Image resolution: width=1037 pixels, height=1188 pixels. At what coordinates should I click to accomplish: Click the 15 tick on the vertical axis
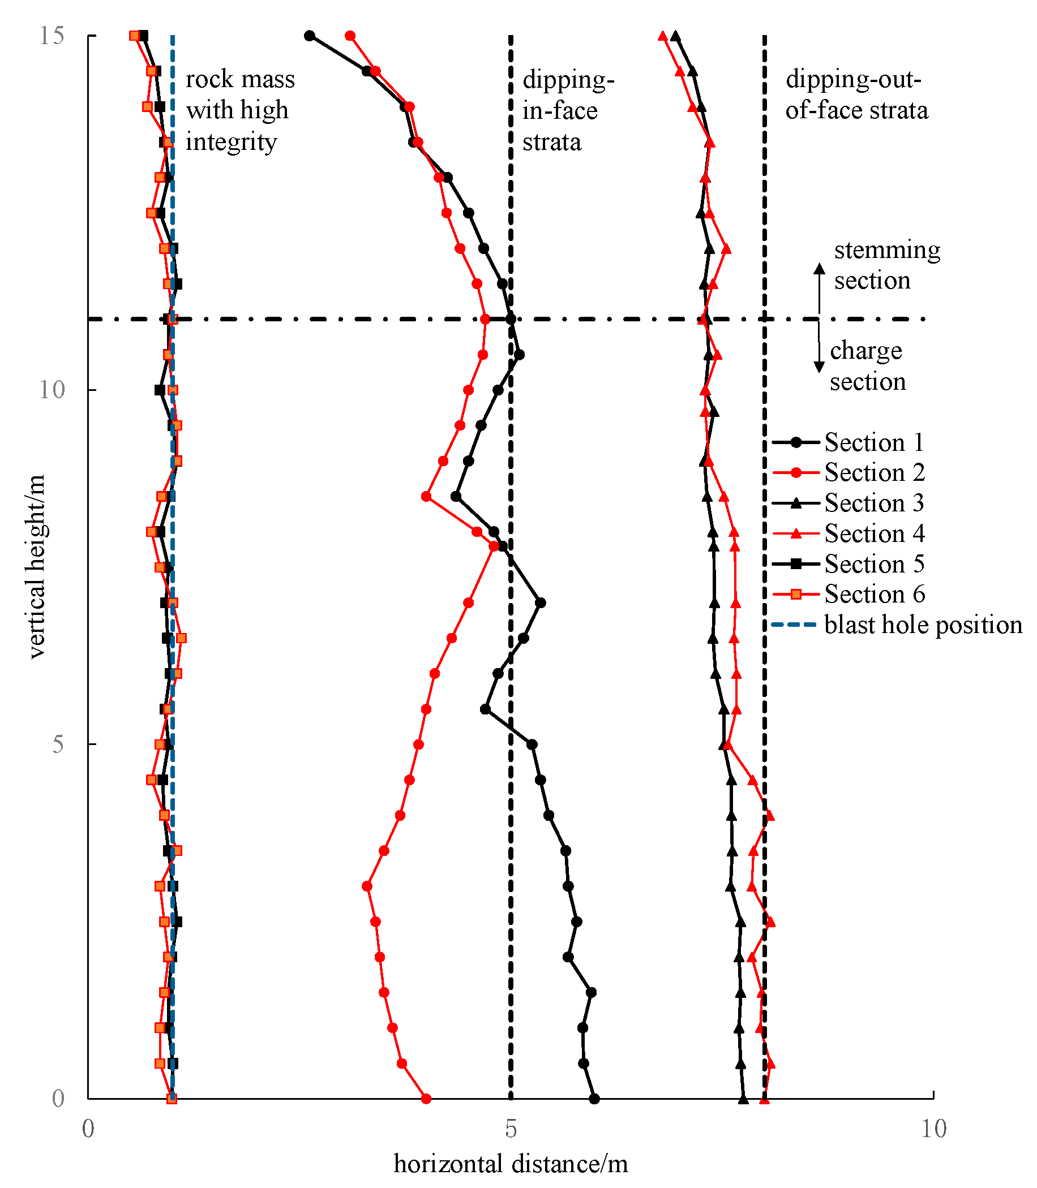pos(52,36)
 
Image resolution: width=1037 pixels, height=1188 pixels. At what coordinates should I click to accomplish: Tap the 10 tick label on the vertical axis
pos(52,390)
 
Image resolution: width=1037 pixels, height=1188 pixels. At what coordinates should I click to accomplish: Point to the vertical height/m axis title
pos(36,567)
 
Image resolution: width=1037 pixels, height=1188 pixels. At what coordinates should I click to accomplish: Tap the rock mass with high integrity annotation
pos(239,110)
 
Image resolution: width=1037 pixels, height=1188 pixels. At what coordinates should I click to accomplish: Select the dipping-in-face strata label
pos(567,110)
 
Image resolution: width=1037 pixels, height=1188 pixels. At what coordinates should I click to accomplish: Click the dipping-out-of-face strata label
pos(856,95)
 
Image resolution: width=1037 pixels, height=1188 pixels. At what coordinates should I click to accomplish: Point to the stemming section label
pos(886,265)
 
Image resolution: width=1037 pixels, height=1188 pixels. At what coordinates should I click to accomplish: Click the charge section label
pos(867,365)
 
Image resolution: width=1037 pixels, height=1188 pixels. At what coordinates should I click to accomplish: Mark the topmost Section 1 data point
pos(310,36)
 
